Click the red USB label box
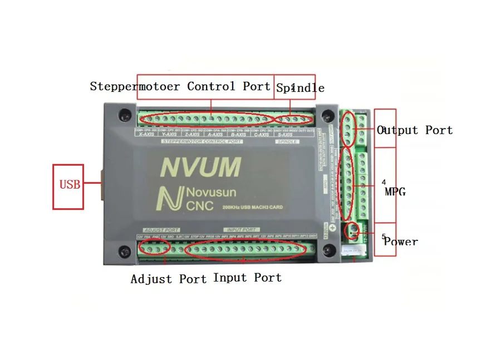68,186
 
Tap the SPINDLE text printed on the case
287,142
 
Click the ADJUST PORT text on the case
161,229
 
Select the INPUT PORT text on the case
242,229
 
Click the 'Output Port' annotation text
415,130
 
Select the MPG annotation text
395,192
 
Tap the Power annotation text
401,241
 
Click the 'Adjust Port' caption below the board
168,279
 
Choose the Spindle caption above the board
301,88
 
